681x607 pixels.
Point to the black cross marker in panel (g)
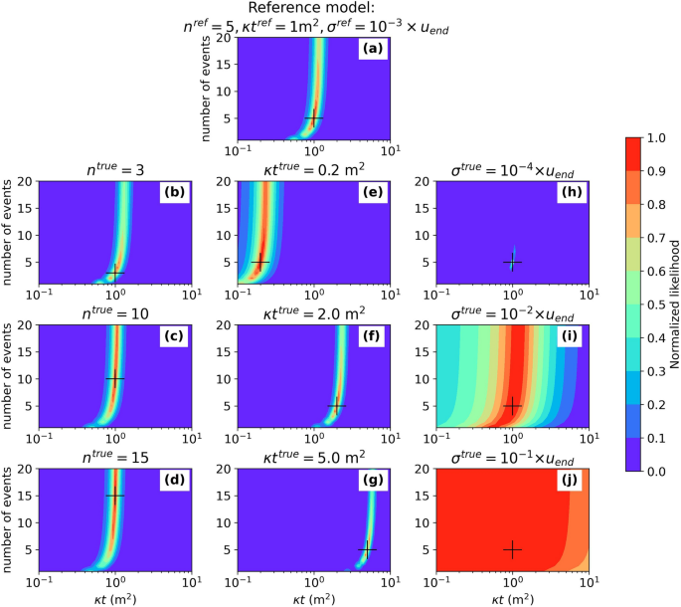tap(367, 549)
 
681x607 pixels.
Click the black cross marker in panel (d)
tap(115, 496)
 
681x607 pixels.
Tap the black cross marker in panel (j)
tap(513, 549)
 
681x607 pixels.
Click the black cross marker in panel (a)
tap(314, 117)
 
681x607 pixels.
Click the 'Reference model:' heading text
tap(314, 8)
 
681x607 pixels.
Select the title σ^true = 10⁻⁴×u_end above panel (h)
tap(513, 169)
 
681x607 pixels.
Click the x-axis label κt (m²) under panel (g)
tap(314, 596)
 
